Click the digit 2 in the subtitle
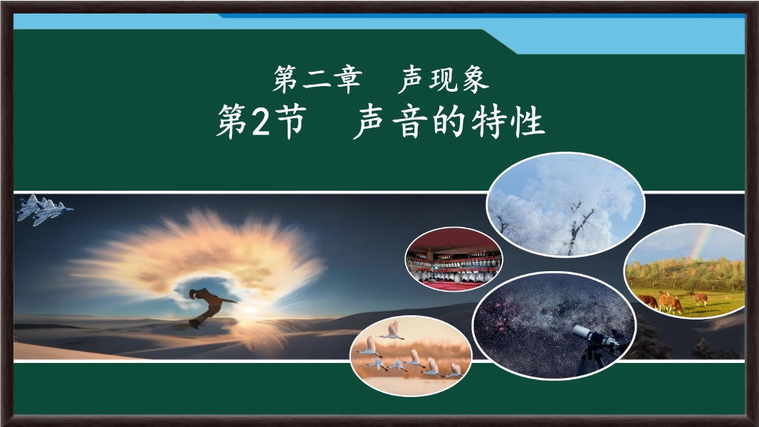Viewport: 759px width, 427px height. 260,122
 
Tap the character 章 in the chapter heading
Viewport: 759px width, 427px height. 347,79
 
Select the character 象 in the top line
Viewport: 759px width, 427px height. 474,79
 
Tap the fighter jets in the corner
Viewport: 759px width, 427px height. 45,210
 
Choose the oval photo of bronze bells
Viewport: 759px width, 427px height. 454,259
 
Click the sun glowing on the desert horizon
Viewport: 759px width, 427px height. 250,310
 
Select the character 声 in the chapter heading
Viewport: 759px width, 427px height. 412,79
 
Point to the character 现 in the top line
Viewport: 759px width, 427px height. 444,79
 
